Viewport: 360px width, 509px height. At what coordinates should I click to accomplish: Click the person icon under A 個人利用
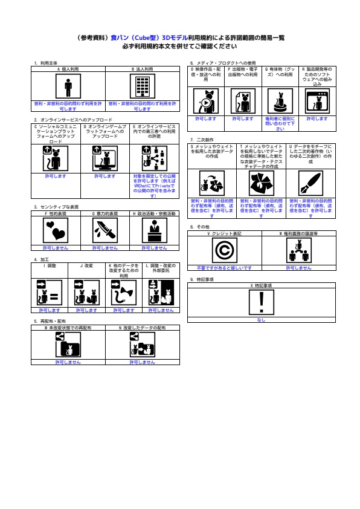click(68, 87)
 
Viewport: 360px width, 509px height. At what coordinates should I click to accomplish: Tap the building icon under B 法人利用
click(142, 87)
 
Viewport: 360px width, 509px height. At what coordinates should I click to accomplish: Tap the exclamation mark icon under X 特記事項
click(262, 301)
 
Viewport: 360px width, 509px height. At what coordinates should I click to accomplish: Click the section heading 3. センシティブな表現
click(56, 207)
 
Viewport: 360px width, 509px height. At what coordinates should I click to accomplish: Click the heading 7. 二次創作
click(201, 140)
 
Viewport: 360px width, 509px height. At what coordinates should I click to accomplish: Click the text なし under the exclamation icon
click(262, 320)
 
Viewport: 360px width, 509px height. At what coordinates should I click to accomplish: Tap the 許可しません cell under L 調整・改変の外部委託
click(161, 310)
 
